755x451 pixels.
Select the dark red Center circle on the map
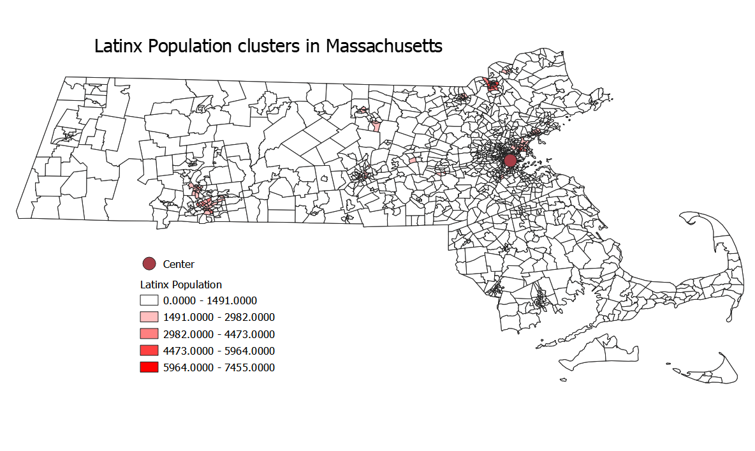click(509, 160)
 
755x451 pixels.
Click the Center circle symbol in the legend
click(149, 264)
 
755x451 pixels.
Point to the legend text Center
click(179, 264)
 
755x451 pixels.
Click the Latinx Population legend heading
click(181, 285)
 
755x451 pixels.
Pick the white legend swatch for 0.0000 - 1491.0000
click(149, 300)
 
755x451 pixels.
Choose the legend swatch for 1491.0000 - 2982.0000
click(149, 317)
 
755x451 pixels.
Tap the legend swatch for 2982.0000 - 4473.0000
click(149, 334)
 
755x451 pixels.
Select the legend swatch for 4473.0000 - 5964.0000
click(149, 350)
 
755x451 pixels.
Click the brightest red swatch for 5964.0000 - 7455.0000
click(149, 367)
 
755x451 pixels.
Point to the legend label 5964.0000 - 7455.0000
click(219, 367)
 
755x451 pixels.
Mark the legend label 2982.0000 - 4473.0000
click(219, 334)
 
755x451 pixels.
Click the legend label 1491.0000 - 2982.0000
click(219, 317)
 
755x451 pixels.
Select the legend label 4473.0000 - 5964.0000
click(219, 350)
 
